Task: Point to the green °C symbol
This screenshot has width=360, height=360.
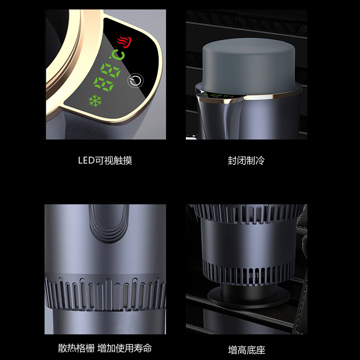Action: (118, 55)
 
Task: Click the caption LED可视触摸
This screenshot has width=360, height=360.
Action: (105, 161)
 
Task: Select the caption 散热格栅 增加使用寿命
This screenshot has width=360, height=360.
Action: (105, 348)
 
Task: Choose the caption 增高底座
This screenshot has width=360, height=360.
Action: (246, 349)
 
